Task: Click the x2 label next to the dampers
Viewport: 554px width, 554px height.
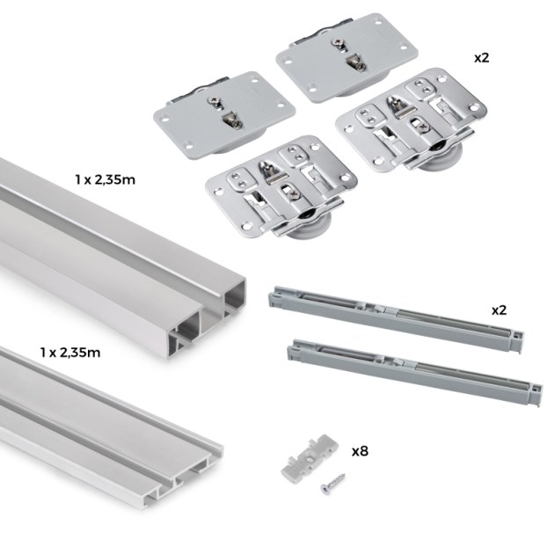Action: (x=499, y=310)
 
